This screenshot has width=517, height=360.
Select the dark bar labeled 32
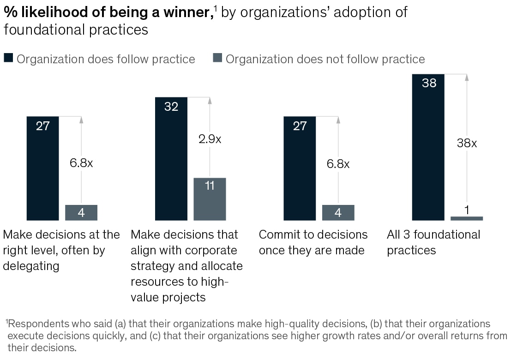tap(171, 159)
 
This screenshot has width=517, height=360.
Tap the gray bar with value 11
tap(210, 199)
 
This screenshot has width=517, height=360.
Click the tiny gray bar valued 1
tap(467, 218)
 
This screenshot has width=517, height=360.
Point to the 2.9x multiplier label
tap(210, 139)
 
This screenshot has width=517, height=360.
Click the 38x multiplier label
tap(467, 143)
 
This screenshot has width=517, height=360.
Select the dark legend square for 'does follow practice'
tap(8, 58)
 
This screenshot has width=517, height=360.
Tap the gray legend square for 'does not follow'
tap(217, 58)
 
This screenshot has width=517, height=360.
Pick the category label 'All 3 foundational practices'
tap(433, 242)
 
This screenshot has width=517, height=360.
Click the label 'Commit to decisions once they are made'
tap(313, 242)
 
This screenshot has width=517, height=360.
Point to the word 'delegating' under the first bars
tap(31, 266)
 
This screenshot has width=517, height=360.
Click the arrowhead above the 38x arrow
tap(467, 78)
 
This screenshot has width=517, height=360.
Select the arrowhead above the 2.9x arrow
tap(210, 101)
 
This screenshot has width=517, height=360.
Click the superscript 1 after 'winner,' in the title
tap(216, 8)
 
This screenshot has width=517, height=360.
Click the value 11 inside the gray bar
tap(210, 186)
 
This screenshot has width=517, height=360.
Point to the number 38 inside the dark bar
tap(429, 84)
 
